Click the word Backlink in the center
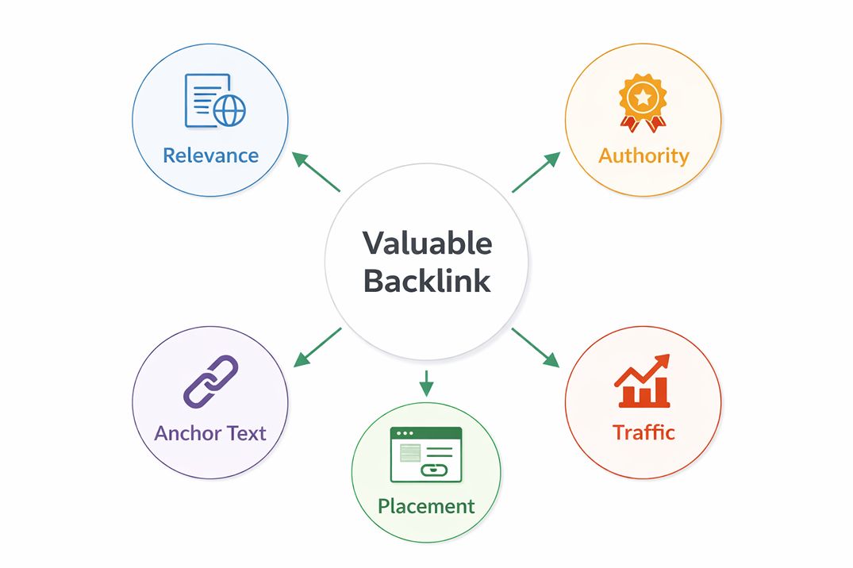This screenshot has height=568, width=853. [427, 282]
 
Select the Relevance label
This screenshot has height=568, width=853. [210, 155]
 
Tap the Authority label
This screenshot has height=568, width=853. [644, 155]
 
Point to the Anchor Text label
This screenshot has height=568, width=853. [210, 433]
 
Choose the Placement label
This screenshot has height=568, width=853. [426, 506]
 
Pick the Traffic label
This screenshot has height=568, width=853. [644, 432]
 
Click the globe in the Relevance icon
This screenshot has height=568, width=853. [229, 111]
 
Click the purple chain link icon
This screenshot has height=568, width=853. [210, 382]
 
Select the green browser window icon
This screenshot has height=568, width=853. [426, 455]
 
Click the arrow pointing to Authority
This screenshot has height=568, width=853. [536, 171]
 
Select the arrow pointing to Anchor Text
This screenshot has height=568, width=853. [317, 347]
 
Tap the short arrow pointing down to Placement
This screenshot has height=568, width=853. [427, 382]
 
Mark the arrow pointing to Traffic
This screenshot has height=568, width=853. [536, 347]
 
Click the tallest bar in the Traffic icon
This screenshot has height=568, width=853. [661, 390]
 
